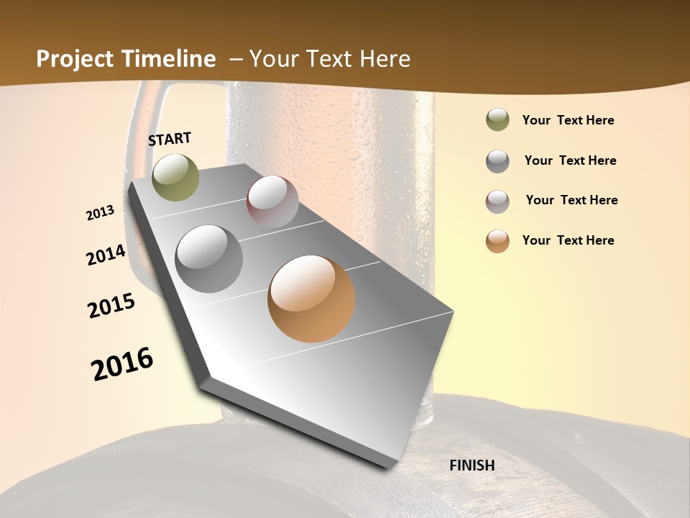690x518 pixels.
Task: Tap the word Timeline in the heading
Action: pyautogui.click(x=170, y=59)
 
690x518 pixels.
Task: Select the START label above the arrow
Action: pyautogui.click(x=170, y=139)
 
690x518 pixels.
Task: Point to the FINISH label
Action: pyautogui.click(x=471, y=465)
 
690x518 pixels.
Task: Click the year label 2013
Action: pyautogui.click(x=101, y=213)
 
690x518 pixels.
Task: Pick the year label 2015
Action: pyautogui.click(x=111, y=306)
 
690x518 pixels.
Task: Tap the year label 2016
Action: pyautogui.click(x=122, y=364)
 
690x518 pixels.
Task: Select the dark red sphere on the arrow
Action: pyautogui.click(x=272, y=201)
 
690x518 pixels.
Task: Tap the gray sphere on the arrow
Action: pyautogui.click(x=209, y=259)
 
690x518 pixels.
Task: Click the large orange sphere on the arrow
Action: pyautogui.click(x=311, y=299)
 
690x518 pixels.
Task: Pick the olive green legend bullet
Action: pyautogui.click(x=497, y=120)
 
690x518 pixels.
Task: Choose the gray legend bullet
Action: pyautogui.click(x=497, y=161)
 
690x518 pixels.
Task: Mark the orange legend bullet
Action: pyautogui.click(x=497, y=241)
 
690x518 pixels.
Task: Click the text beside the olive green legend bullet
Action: pyautogui.click(x=568, y=120)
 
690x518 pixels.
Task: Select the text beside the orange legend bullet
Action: pyautogui.click(x=568, y=240)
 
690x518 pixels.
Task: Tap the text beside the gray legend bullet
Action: pyautogui.click(x=570, y=160)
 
